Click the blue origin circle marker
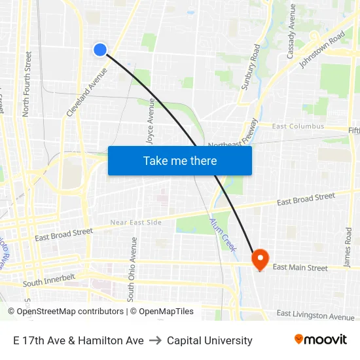point(100,50)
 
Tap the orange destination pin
point(260,259)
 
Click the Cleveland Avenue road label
point(86,92)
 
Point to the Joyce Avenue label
point(151,122)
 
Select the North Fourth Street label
point(27,84)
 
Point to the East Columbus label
point(298,126)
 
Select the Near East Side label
point(135,223)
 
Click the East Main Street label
point(300,267)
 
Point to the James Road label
point(348,248)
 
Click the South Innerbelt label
point(49,280)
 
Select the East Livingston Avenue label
point(315,315)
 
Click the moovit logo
point(320,340)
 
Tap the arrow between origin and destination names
point(155,340)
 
